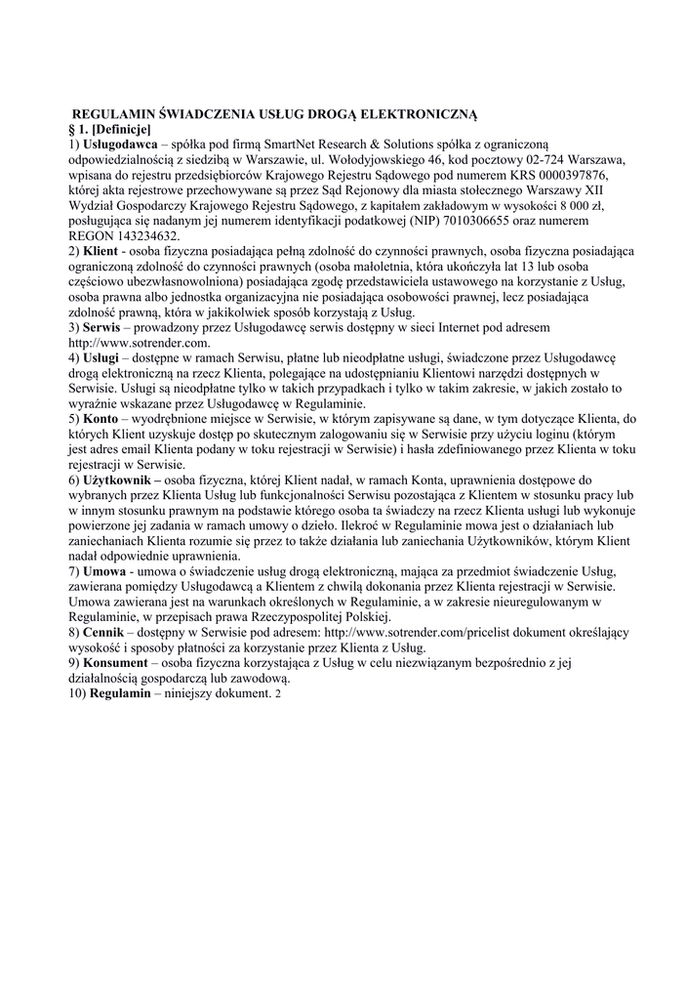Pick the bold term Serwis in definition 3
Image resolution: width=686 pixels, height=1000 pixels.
pos(108,327)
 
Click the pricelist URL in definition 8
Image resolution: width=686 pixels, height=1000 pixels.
pos(411,633)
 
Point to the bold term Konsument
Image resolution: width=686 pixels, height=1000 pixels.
pos(122,663)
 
